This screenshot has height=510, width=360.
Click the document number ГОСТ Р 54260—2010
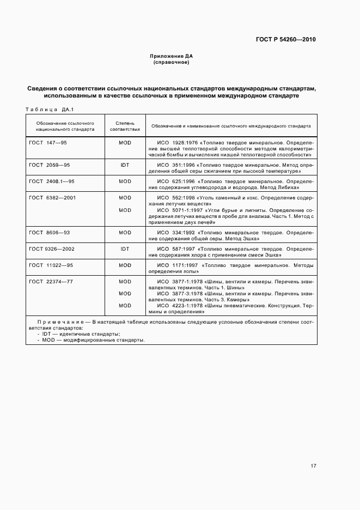(286, 39)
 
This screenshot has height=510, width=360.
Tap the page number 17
(313, 465)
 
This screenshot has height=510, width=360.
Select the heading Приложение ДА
(171, 56)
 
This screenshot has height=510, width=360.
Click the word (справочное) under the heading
(171, 62)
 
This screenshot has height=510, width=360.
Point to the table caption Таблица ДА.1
(50, 109)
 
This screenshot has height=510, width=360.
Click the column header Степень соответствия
(125, 126)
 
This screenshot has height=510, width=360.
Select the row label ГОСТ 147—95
(48, 142)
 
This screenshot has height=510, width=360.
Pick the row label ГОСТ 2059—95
(50, 164)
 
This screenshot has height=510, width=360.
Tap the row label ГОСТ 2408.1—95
(51, 181)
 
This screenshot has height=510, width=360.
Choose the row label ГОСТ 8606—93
(50, 232)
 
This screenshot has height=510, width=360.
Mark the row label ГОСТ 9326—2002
(51, 248)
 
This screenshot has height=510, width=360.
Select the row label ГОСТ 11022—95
(51, 265)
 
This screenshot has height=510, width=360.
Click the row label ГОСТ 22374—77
(51, 282)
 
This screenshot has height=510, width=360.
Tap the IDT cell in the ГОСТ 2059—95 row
(125, 164)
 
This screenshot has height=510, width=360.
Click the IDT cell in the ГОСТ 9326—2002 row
(125, 248)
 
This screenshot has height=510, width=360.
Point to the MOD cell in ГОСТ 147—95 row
(125, 142)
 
